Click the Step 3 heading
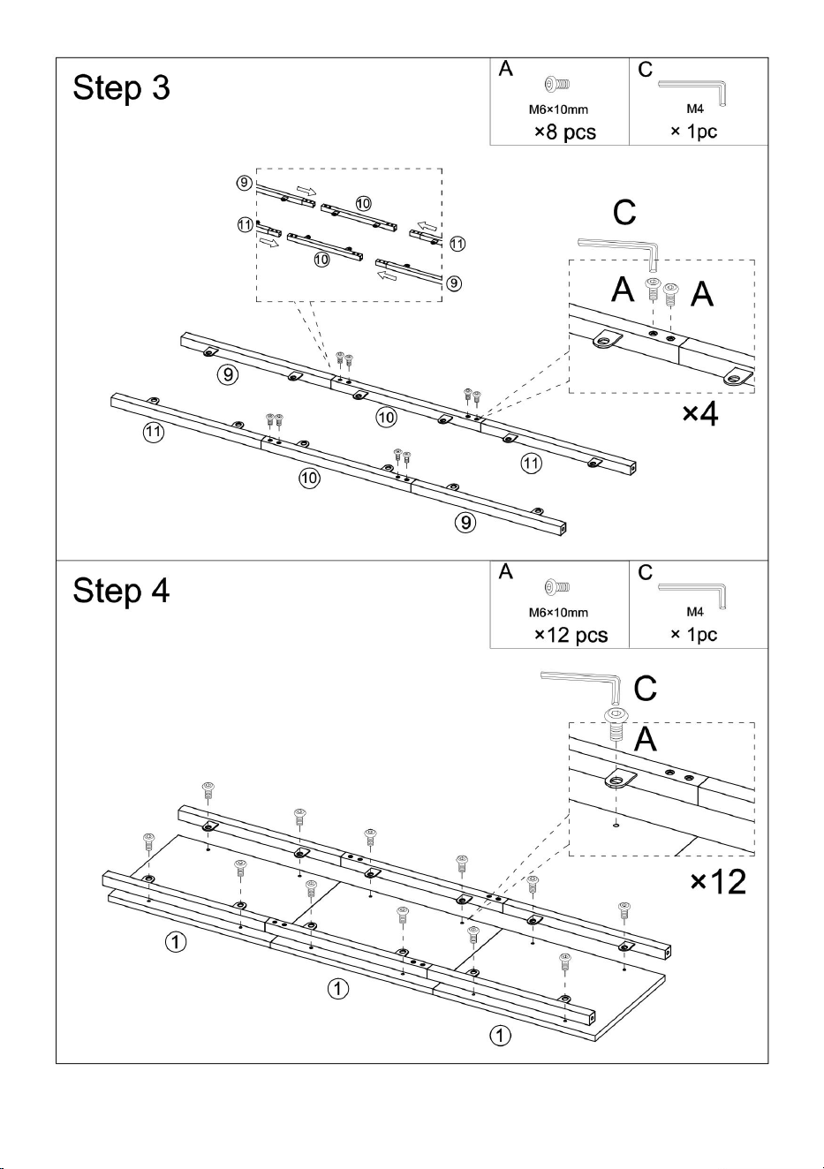pyautogui.click(x=121, y=87)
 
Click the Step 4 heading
pyautogui.click(x=121, y=591)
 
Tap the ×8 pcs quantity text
pyautogui.click(x=565, y=132)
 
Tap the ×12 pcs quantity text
pyautogui.click(x=571, y=635)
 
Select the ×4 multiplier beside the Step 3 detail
pyautogui.click(x=700, y=413)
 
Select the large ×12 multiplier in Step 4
pyautogui.click(x=718, y=882)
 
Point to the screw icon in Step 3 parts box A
pyautogui.click(x=556, y=84)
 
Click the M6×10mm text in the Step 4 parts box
pyautogui.click(x=558, y=613)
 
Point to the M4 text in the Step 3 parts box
pyautogui.click(x=694, y=109)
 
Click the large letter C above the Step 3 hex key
pyautogui.click(x=624, y=213)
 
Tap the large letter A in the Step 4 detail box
pyautogui.click(x=646, y=739)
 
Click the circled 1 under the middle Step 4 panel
pyautogui.click(x=338, y=988)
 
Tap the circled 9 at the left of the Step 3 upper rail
pyautogui.click(x=228, y=374)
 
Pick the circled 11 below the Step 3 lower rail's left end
pyautogui.click(x=153, y=431)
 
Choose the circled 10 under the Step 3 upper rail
pyautogui.click(x=386, y=417)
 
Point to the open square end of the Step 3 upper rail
pyautogui.click(x=632, y=468)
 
